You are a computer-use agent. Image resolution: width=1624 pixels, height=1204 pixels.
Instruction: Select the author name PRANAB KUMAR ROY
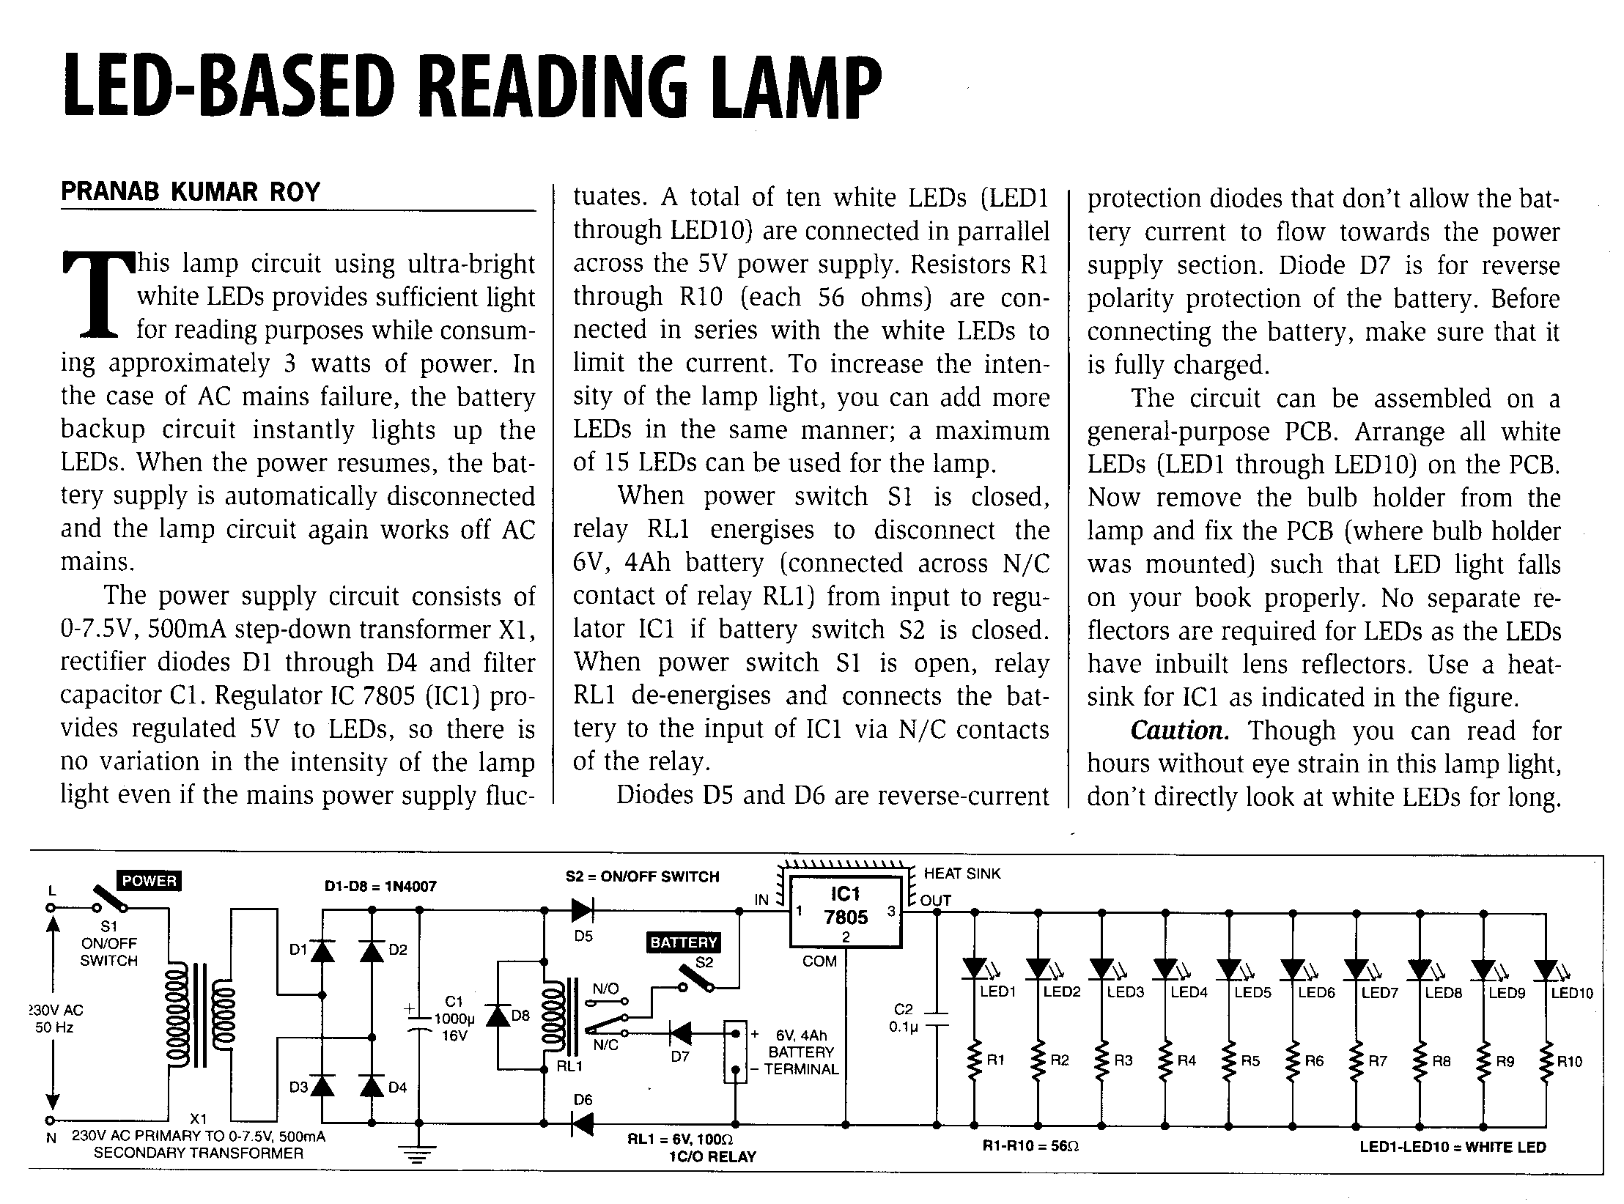[x=191, y=192]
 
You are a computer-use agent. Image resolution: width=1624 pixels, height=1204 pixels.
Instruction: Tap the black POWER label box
[x=150, y=881]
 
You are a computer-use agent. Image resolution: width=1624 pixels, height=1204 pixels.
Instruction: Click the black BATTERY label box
[x=684, y=942]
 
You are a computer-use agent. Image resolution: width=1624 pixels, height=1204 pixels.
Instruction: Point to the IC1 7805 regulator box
[x=845, y=911]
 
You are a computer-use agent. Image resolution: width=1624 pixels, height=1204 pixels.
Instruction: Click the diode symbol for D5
[x=583, y=911]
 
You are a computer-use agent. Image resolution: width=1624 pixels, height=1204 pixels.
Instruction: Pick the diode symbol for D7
[x=680, y=1034]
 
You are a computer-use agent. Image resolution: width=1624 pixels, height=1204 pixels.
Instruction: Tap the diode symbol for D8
[x=498, y=1016]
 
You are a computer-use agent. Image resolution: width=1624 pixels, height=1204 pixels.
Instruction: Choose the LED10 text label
[x=1572, y=994]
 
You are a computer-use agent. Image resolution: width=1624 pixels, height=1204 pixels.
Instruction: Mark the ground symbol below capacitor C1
[x=420, y=1156]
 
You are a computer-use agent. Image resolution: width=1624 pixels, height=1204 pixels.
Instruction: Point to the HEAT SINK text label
[x=962, y=874]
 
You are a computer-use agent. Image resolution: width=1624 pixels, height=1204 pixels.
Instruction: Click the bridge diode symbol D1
[x=322, y=950]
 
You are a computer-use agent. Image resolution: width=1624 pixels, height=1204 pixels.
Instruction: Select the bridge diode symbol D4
[x=372, y=1085]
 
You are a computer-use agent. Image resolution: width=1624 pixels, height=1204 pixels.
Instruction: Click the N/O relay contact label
[x=605, y=989]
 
